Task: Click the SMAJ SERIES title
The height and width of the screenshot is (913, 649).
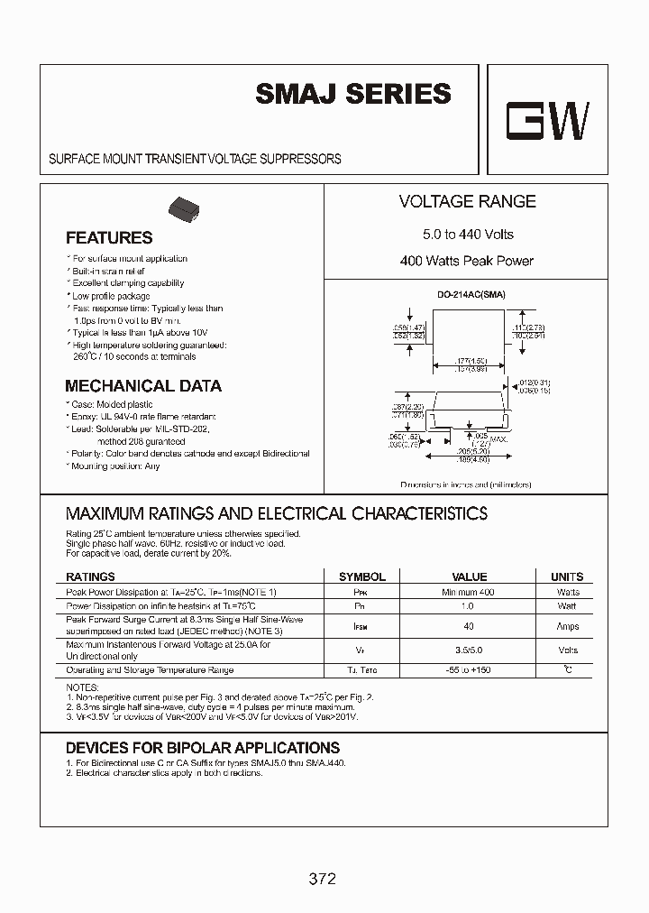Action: tap(353, 94)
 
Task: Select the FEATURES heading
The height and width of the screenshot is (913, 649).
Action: tap(109, 238)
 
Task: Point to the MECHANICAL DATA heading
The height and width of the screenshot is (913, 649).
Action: tap(143, 386)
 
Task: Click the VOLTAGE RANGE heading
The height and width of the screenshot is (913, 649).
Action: tap(467, 202)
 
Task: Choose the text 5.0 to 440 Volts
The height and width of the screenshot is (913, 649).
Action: tap(468, 235)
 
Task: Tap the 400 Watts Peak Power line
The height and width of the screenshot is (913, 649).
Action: tap(467, 261)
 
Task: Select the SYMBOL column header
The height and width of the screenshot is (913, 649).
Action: tap(361, 576)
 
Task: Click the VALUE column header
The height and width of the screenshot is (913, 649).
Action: tap(469, 576)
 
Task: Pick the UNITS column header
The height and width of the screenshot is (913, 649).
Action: tap(567, 576)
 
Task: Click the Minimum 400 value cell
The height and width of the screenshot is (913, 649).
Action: tap(469, 593)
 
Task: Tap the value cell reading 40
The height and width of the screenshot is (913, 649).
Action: tap(469, 626)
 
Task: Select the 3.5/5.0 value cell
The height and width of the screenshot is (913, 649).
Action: tap(469, 650)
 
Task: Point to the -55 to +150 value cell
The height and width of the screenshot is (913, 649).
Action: tap(469, 670)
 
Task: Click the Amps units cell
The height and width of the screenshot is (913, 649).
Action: tap(568, 626)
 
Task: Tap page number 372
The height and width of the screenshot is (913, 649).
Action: tap(321, 878)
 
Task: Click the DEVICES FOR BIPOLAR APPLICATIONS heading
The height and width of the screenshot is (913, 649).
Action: tap(203, 748)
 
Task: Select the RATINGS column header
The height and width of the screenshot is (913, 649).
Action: tap(90, 576)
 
